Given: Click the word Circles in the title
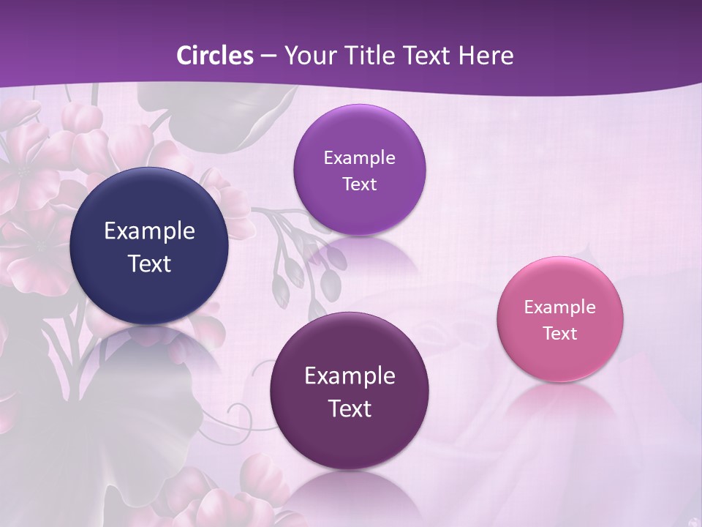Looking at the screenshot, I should coord(215,56).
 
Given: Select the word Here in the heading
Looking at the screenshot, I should coord(486,56).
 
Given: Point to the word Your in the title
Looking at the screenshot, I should coord(309,56).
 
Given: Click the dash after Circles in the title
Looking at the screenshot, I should coord(268,56).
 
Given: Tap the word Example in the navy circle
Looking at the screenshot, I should coord(149,231).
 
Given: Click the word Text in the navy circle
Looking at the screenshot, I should coord(149,263).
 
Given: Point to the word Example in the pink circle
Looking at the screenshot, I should coord(560,307).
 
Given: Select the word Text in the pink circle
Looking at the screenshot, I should coord(560,334).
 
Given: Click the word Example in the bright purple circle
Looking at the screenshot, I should coord(359,158).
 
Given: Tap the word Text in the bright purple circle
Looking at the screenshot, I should coord(359,184).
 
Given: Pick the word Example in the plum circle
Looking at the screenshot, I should coord(350,376).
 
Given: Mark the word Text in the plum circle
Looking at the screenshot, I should coord(350,408).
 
